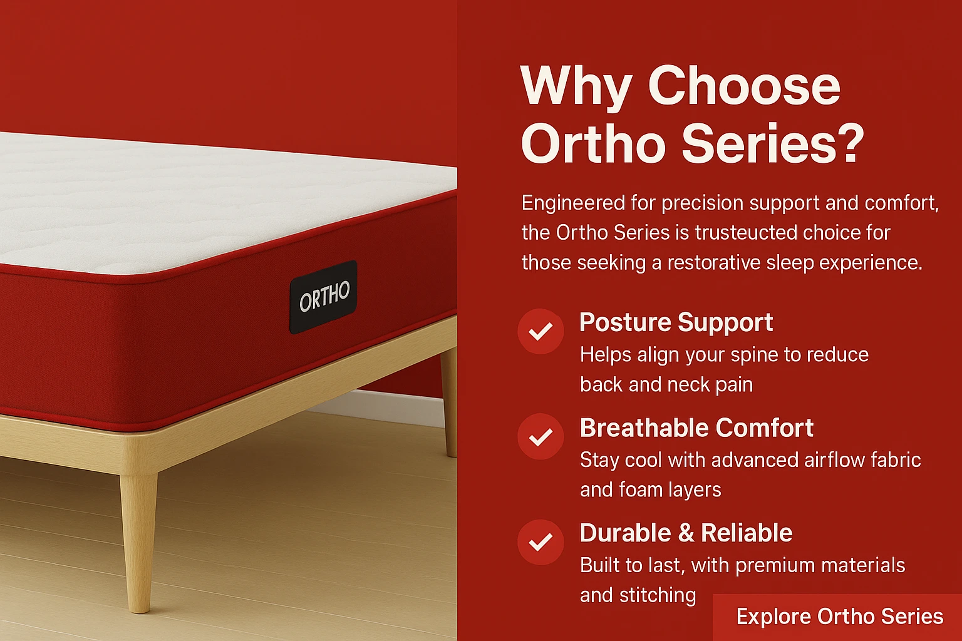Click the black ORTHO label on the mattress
[x=323, y=297]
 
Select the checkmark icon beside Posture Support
[x=540, y=331]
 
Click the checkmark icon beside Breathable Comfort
[x=540, y=436]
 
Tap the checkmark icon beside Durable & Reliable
[x=540, y=541]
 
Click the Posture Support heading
[x=676, y=322]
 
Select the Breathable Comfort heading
[x=696, y=428]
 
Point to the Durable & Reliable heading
[x=686, y=533]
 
